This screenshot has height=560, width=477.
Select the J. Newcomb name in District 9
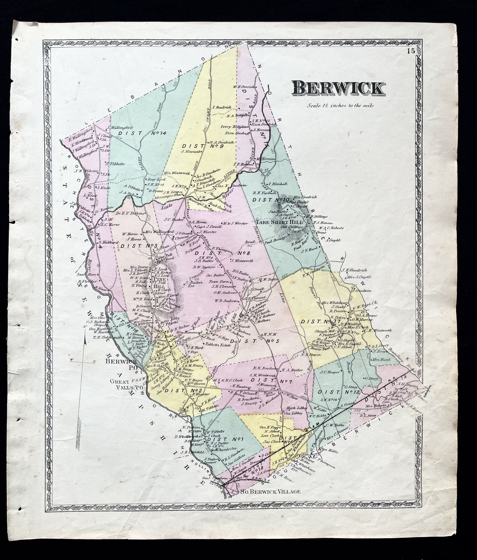190,151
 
